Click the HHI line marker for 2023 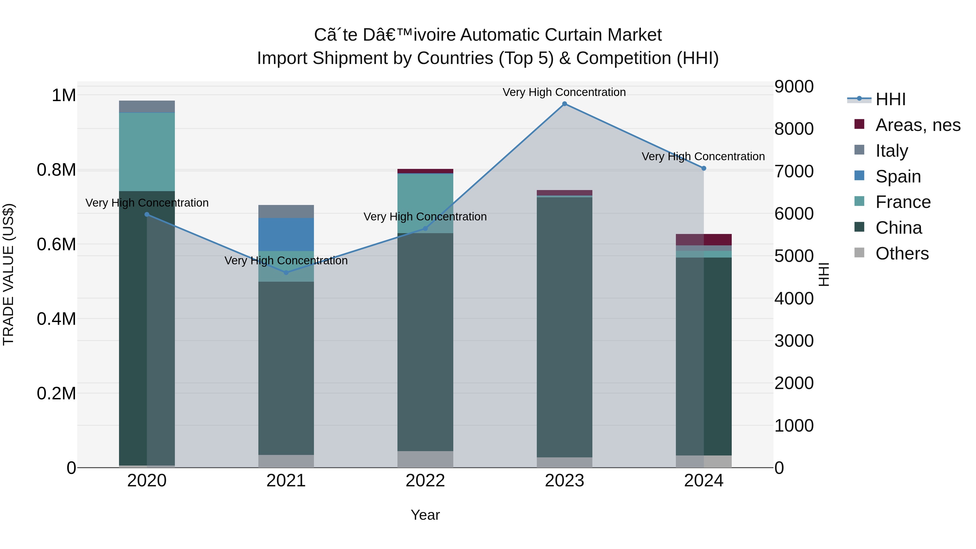click(564, 104)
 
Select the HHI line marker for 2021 click(286, 272)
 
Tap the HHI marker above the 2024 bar click(704, 168)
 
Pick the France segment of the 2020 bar click(147, 152)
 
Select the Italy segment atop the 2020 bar click(147, 107)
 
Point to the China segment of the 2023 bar click(564, 326)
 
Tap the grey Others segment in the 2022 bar click(425, 459)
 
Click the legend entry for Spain click(898, 176)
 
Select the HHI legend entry click(890, 99)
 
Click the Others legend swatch click(860, 253)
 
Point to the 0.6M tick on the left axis click(56, 244)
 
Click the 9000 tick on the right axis click(794, 86)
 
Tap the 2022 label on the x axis click(425, 481)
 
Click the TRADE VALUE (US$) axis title click(8, 274)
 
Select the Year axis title click(425, 515)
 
